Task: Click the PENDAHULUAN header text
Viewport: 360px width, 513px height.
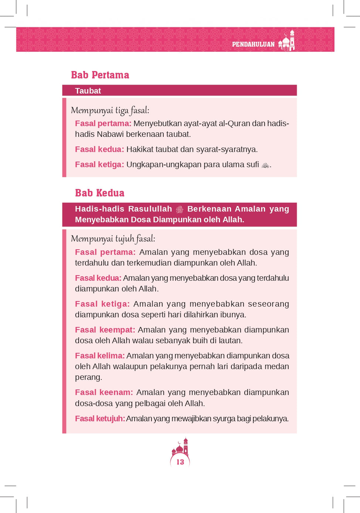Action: (x=253, y=44)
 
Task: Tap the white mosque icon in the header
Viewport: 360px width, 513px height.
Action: (x=287, y=41)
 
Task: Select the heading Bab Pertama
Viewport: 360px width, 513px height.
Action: (x=100, y=75)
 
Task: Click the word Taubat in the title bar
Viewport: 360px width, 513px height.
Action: (x=88, y=91)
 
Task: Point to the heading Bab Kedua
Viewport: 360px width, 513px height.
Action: (x=99, y=193)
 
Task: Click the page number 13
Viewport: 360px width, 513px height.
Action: (x=180, y=462)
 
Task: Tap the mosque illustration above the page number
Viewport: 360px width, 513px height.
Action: (x=180, y=447)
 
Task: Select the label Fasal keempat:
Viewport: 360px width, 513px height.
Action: (x=105, y=330)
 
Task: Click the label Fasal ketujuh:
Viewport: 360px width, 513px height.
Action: (x=100, y=419)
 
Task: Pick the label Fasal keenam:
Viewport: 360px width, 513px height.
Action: (x=104, y=392)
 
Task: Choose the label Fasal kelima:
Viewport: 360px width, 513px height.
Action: (x=100, y=356)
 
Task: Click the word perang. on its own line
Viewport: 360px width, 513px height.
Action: (x=88, y=377)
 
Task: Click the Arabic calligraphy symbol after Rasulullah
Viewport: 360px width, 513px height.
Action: (x=180, y=209)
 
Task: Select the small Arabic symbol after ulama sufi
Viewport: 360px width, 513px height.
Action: (x=265, y=165)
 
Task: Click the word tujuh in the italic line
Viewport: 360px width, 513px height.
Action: (x=125, y=239)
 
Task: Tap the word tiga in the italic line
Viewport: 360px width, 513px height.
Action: (x=122, y=111)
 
